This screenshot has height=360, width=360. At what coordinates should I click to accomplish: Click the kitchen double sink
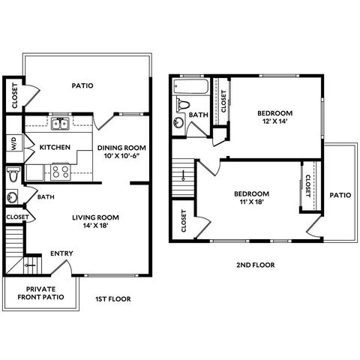(x=60, y=124)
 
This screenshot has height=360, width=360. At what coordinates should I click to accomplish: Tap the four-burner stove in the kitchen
(x=61, y=172)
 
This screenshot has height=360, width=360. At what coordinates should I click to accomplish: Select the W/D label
(x=14, y=143)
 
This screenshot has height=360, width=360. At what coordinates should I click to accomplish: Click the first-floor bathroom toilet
(x=13, y=175)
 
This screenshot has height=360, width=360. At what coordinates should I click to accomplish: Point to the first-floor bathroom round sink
(x=12, y=197)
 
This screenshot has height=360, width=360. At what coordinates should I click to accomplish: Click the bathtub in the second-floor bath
(x=190, y=86)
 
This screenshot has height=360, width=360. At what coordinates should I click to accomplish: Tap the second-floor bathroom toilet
(x=182, y=104)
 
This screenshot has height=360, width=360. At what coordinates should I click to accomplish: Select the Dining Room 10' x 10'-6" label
(x=121, y=151)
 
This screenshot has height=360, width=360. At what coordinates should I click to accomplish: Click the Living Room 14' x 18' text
(x=95, y=221)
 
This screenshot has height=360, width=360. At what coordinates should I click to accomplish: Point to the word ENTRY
(x=61, y=253)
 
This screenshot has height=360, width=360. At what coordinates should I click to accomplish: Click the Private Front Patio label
(x=40, y=293)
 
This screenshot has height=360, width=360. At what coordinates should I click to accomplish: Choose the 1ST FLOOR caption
(x=113, y=299)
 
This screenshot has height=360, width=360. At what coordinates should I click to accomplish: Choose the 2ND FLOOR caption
(x=256, y=265)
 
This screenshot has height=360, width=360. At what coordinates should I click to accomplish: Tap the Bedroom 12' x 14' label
(x=275, y=117)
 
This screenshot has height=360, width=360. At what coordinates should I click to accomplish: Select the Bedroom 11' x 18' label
(x=251, y=198)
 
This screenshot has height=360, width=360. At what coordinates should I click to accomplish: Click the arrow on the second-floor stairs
(x=183, y=175)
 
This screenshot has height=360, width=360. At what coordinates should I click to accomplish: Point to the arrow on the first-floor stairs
(x=30, y=265)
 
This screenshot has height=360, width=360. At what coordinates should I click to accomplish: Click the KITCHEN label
(x=55, y=147)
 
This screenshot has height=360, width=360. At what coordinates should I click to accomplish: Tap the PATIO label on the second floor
(x=340, y=195)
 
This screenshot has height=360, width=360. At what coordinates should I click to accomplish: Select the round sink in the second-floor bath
(x=178, y=122)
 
